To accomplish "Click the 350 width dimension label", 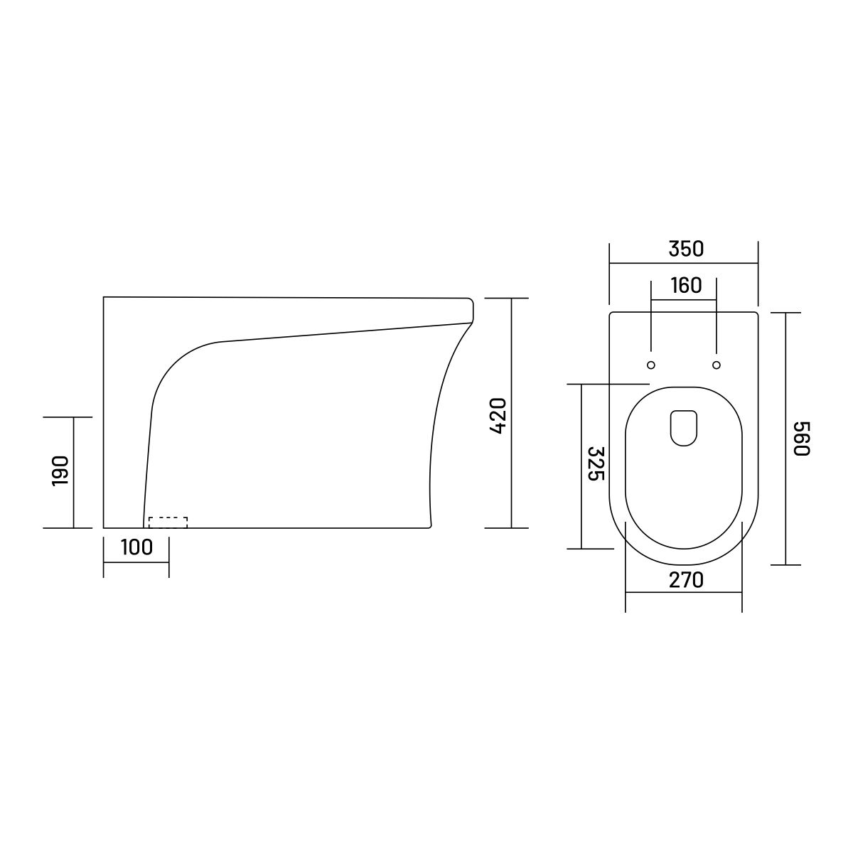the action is point(685,249).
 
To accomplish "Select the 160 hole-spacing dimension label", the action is point(686,286).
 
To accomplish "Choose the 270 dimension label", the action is point(686,580).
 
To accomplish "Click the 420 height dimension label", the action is point(498,416).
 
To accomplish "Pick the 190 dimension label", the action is point(60,471).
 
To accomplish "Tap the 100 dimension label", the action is point(136,547).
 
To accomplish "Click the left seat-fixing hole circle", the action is point(650,365).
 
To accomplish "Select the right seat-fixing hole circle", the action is point(717,365).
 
